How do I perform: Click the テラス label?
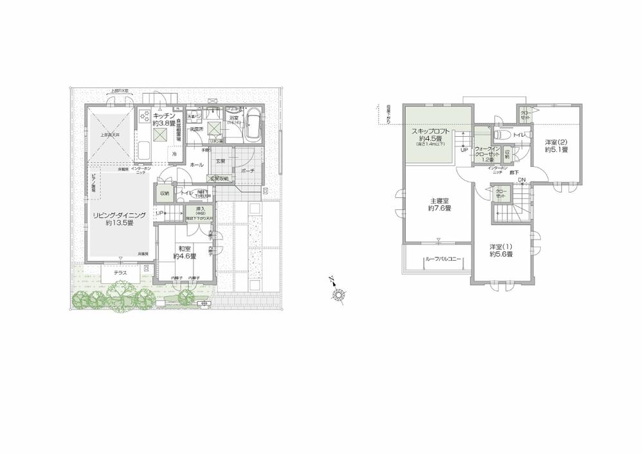(121, 272)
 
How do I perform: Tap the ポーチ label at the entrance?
(248, 171)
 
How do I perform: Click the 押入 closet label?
(200, 209)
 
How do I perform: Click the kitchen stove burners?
(145, 118)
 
